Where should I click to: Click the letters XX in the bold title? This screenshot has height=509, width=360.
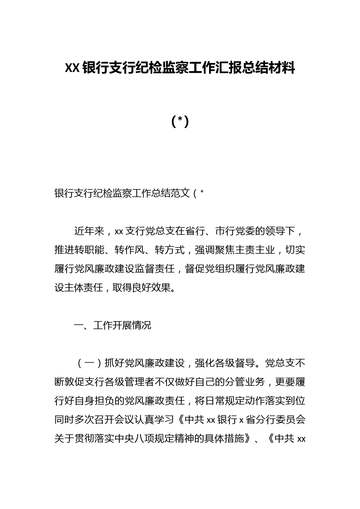coord(72,68)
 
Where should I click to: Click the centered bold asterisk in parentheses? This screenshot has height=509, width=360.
coord(180,121)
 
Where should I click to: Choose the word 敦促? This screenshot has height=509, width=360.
coord(74,382)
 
